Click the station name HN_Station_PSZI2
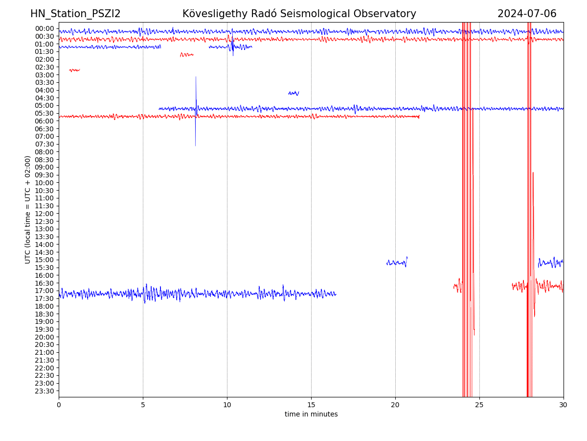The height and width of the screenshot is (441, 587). click(x=75, y=14)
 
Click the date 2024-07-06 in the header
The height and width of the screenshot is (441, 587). click(x=527, y=14)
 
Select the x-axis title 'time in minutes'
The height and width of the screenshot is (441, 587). click(x=311, y=415)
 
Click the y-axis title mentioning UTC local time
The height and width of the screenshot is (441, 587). click(x=28, y=210)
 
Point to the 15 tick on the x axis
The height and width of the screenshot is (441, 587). click(x=311, y=405)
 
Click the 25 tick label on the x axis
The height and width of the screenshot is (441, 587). click(x=479, y=405)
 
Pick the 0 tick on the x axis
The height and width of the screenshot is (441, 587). click(x=59, y=405)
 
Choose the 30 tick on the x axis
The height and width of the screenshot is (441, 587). click(x=564, y=405)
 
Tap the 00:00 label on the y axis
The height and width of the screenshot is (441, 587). click(x=44, y=28)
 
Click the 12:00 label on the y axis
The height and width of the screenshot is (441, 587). click(x=44, y=214)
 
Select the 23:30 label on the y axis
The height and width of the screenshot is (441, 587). click(x=44, y=391)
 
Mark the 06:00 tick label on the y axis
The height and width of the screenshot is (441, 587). click(x=44, y=121)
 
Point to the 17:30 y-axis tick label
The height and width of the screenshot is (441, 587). click(x=44, y=298)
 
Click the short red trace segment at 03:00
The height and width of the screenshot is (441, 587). click(x=74, y=70)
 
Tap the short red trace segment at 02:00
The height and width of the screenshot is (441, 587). click(x=186, y=54)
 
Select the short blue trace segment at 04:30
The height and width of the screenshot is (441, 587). click(x=293, y=93)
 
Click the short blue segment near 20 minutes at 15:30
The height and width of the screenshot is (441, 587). click(x=397, y=263)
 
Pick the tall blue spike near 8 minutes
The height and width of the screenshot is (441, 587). click(x=196, y=111)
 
